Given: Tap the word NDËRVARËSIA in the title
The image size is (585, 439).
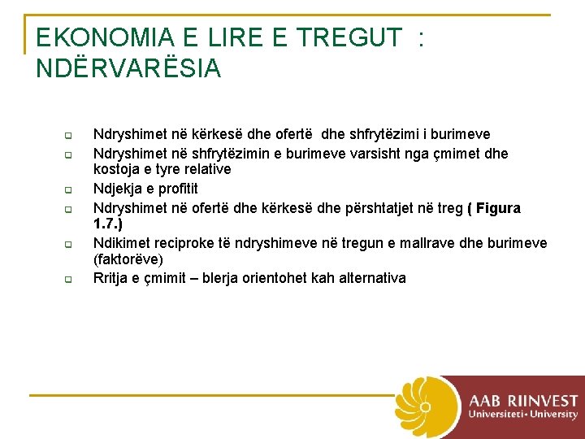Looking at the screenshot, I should click(x=128, y=69).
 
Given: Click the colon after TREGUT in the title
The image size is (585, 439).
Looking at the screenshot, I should click(x=420, y=39).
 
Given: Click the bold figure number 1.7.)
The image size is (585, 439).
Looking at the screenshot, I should click(x=108, y=222).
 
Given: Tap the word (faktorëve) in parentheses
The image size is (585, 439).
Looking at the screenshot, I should click(x=128, y=260).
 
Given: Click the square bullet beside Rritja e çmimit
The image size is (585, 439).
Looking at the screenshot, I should click(x=70, y=279).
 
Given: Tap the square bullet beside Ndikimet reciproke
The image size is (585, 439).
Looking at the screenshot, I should click(x=70, y=245).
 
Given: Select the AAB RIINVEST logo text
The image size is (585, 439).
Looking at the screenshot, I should click(x=522, y=400).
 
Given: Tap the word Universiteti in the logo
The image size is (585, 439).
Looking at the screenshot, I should click(x=495, y=414).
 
